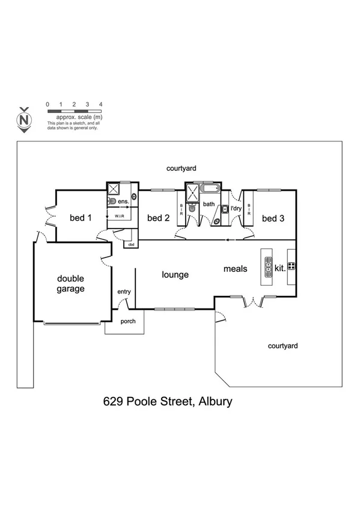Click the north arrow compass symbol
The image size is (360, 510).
(x=24, y=119)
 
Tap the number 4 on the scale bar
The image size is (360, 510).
(x=100, y=105)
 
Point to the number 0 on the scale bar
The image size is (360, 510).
(x=47, y=105)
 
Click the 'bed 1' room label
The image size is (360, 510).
(x=81, y=218)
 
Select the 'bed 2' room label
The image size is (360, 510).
(x=158, y=218)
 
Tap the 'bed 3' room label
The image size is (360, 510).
(x=273, y=218)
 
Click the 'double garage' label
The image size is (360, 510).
(x=71, y=283)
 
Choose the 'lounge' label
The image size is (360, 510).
(x=175, y=274)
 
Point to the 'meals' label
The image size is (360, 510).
(x=236, y=269)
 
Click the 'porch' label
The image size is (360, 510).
(x=128, y=321)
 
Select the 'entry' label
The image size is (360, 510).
(x=124, y=292)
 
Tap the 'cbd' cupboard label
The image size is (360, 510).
(x=130, y=244)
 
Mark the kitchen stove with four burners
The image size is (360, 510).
(x=291, y=266)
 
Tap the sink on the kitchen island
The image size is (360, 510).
(x=266, y=264)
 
